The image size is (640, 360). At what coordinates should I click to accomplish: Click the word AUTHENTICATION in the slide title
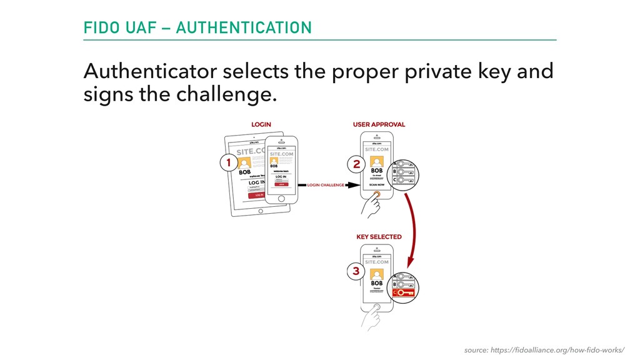tap(244, 28)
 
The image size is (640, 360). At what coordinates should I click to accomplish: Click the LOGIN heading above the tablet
tap(261, 124)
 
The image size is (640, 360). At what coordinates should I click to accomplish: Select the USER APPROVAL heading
tap(379, 124)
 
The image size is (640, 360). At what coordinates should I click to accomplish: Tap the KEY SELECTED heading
tap(379, 237)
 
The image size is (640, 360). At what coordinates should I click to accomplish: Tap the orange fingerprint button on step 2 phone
tap(377, 194)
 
